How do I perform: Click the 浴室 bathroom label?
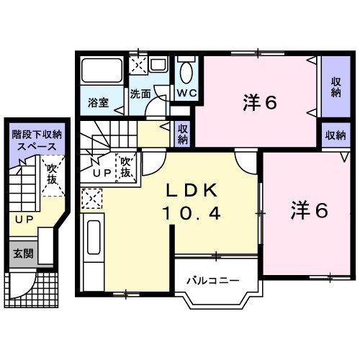pos(99,102)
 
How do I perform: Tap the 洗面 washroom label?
pos(140,93)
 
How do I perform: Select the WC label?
pos(186,93)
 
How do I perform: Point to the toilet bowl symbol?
pos(186,73)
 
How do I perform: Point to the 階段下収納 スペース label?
pos(35,140)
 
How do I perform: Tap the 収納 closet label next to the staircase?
pos(183,134)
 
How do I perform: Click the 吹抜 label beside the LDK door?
pos(126,167)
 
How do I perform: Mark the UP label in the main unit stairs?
pos(101,174)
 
